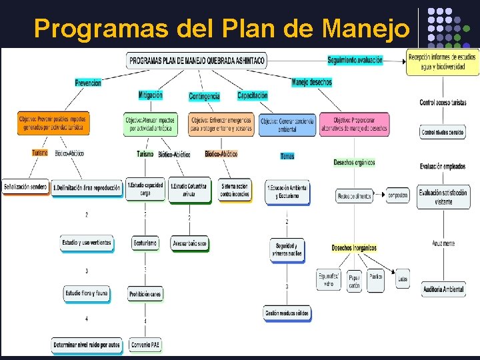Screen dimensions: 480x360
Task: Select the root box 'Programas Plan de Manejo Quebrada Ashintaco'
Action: [197, 61]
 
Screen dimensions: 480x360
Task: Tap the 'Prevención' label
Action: [88, 83]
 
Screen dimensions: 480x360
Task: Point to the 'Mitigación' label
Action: [150, 95]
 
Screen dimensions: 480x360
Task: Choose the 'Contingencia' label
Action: [204, 96]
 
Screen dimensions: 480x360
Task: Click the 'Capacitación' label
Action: [252, 95]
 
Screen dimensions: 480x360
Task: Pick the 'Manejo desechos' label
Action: [311, 83]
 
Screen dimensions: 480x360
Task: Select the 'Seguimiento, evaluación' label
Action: [355, 60]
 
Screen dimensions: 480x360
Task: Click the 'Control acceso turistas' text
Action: [443, 103]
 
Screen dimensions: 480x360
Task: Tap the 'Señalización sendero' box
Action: [25, 187]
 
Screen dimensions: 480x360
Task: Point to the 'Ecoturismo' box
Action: [145, 243]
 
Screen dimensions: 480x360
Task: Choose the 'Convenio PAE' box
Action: [145, 345]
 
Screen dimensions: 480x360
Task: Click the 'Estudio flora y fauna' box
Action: [87, 293]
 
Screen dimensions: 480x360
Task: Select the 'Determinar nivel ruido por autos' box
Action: [87, 345]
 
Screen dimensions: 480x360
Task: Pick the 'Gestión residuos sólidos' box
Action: [288, 313]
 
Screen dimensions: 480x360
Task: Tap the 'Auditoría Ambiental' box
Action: [443, 289]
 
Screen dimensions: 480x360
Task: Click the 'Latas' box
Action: [402, 279]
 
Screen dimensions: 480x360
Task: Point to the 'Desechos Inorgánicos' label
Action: [354, 248]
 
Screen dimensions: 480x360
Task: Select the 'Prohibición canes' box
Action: [145, 293]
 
